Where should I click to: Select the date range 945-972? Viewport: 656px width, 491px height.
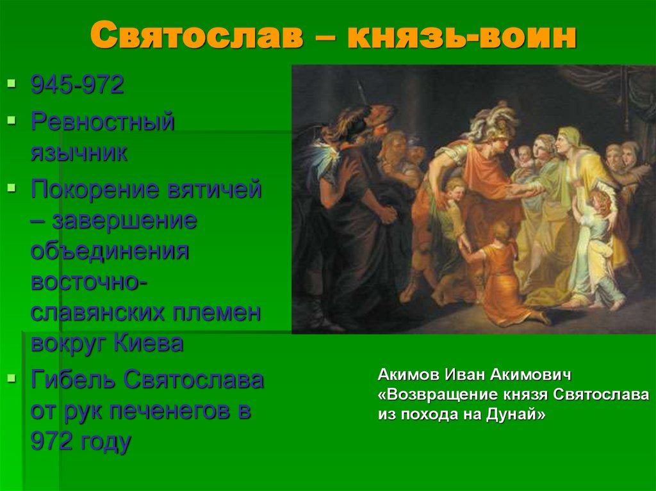pyautogui.click(x=77, y=85)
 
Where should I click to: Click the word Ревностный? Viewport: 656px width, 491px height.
pyautogui.click(x=102, y=121)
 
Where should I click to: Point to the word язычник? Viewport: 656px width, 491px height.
pyautogui.click(x=79, y=154)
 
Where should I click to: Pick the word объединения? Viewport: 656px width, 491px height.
pyautogui.click(x=110, y=252)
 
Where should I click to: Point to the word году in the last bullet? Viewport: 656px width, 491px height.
pyautogui.click(x=104, y=442)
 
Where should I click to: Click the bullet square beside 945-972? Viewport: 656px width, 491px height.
pyautogui.click(x=10, y=83)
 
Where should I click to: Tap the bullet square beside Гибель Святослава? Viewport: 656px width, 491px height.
pyautogui.click(x=10, y=378)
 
